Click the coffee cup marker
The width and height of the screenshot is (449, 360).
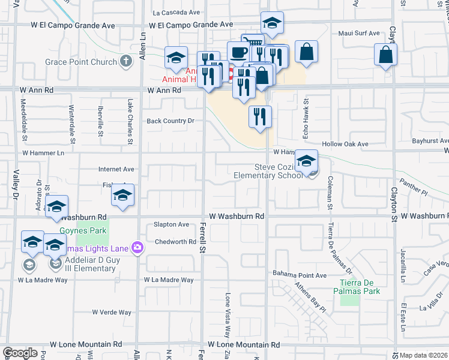point(238,52)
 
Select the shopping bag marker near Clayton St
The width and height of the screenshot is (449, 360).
point(385,55)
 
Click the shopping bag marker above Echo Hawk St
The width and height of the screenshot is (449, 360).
point(306,52)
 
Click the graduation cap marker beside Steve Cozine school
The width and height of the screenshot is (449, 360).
point(306,161)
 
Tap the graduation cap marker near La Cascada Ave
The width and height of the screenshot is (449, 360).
point(272,23)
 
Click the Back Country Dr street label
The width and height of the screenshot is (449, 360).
point(171,121)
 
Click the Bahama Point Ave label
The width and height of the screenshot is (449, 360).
point(300,275)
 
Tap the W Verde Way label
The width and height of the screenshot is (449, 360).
point(112,313)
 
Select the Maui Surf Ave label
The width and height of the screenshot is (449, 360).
point(359,33)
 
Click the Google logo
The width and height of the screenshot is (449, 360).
point(20,353)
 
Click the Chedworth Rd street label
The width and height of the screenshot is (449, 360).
point(175,242)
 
